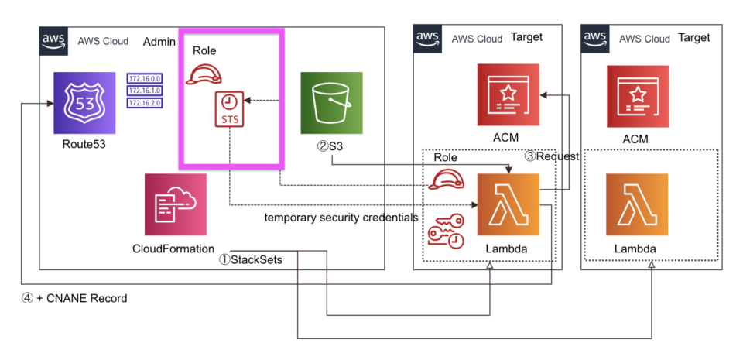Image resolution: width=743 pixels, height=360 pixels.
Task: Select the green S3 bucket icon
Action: click(x=331, y=103)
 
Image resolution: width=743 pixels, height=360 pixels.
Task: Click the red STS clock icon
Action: click(x=229, y=109)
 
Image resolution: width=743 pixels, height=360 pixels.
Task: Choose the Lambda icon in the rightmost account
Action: click(x=637, y=204)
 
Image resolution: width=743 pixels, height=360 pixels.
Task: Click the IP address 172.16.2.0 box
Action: click(x=145, y=102)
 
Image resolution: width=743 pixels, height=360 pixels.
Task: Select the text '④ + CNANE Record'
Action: click(x=74, y=298)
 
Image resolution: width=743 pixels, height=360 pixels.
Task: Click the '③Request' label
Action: click(x=552, y=156)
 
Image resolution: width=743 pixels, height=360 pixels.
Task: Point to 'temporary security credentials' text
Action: click(x=341, y=218)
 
